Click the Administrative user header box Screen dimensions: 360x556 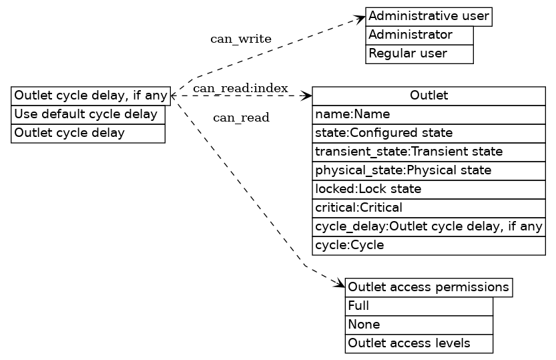click(x=429, y=16)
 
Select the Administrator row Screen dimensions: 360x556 click(x=419, y=35)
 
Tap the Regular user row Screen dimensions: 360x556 click(x=419, y=53)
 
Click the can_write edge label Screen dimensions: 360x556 click(x=240, y=39)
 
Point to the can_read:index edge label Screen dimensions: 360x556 click(x=240, y=88)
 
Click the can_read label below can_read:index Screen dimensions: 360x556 click(x=240, y=118)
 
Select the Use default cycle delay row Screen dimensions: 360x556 click(x=87, y=114)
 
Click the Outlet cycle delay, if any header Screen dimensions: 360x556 click(x=91, y=96)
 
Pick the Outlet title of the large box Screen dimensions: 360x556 click(x=429, y=96)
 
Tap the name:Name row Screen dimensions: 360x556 click(x=429, y=114)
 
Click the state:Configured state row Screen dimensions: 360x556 click(x=429, y=133)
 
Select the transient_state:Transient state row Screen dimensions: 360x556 click(x=429, y=152)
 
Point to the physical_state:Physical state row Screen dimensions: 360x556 click(x=429, y=170)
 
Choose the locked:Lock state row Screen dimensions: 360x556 click(x=429, y=189)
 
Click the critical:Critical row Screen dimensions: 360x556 click(x=429, y=208)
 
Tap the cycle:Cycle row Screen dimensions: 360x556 click(x=429, y=245)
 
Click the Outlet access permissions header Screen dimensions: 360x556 click(x=429, y=287)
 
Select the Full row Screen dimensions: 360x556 click(x=419, y=306)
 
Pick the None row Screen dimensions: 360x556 click(x=419, y=325)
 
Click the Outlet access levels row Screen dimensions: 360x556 click(x=419, y=343)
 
